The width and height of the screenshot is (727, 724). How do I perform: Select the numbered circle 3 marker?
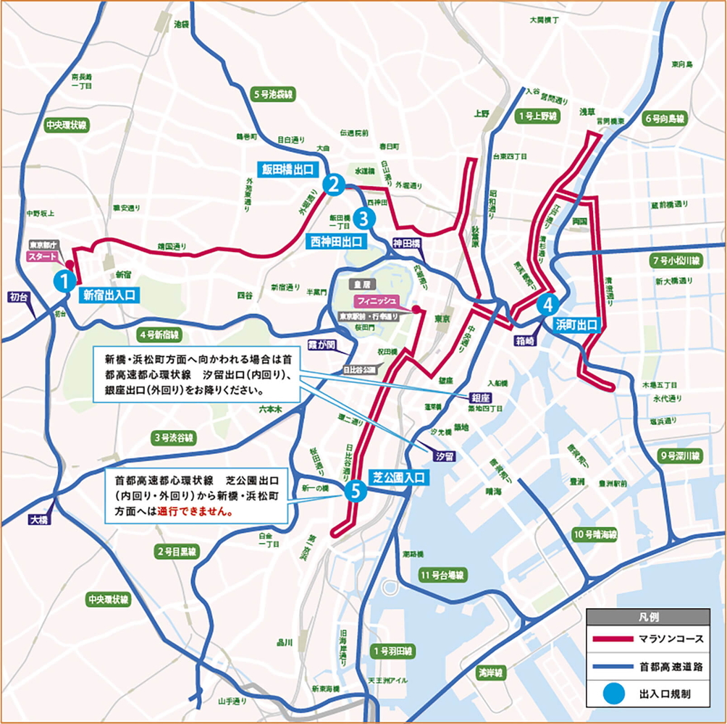pyautogui.click(x=364, y=216)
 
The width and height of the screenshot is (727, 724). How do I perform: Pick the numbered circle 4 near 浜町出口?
pyautogui.click(x=548, y=303)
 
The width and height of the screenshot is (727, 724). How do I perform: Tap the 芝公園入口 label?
pyautogui.click(x=398, y=478)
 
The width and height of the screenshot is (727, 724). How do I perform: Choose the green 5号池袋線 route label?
pyautogui.click(x=273, y=94)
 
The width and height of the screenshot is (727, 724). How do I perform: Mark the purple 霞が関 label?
pyautogui.click(x=321, y=345)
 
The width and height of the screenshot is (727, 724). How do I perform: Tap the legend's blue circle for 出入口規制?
pyautogui.click(x=607, y=694)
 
